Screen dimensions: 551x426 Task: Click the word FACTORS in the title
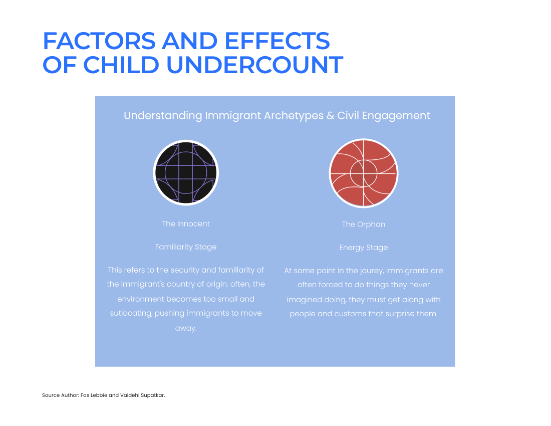coord(99,41)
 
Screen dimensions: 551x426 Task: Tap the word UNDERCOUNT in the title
coord(254,65)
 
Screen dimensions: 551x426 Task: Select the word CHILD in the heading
coord(121,65)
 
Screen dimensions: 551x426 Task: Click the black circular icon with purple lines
coord(186,172)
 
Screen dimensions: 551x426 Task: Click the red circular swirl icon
coord(363,173)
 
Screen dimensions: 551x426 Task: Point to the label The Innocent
coord(185,224)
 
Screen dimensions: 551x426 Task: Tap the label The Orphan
coord(363,225)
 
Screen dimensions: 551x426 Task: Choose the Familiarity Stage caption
coord(185,247)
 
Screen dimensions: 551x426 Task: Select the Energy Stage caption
coord(363,248)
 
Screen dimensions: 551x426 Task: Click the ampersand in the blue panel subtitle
coord(330,116)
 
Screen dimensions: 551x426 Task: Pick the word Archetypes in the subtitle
coord(294,116)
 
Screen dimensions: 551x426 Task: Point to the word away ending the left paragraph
coord(185,328)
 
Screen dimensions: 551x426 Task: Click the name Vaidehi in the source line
coord(130,395)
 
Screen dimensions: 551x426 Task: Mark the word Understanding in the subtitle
coord(163,116)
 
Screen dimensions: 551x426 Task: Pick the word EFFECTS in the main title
coord(278,41)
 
